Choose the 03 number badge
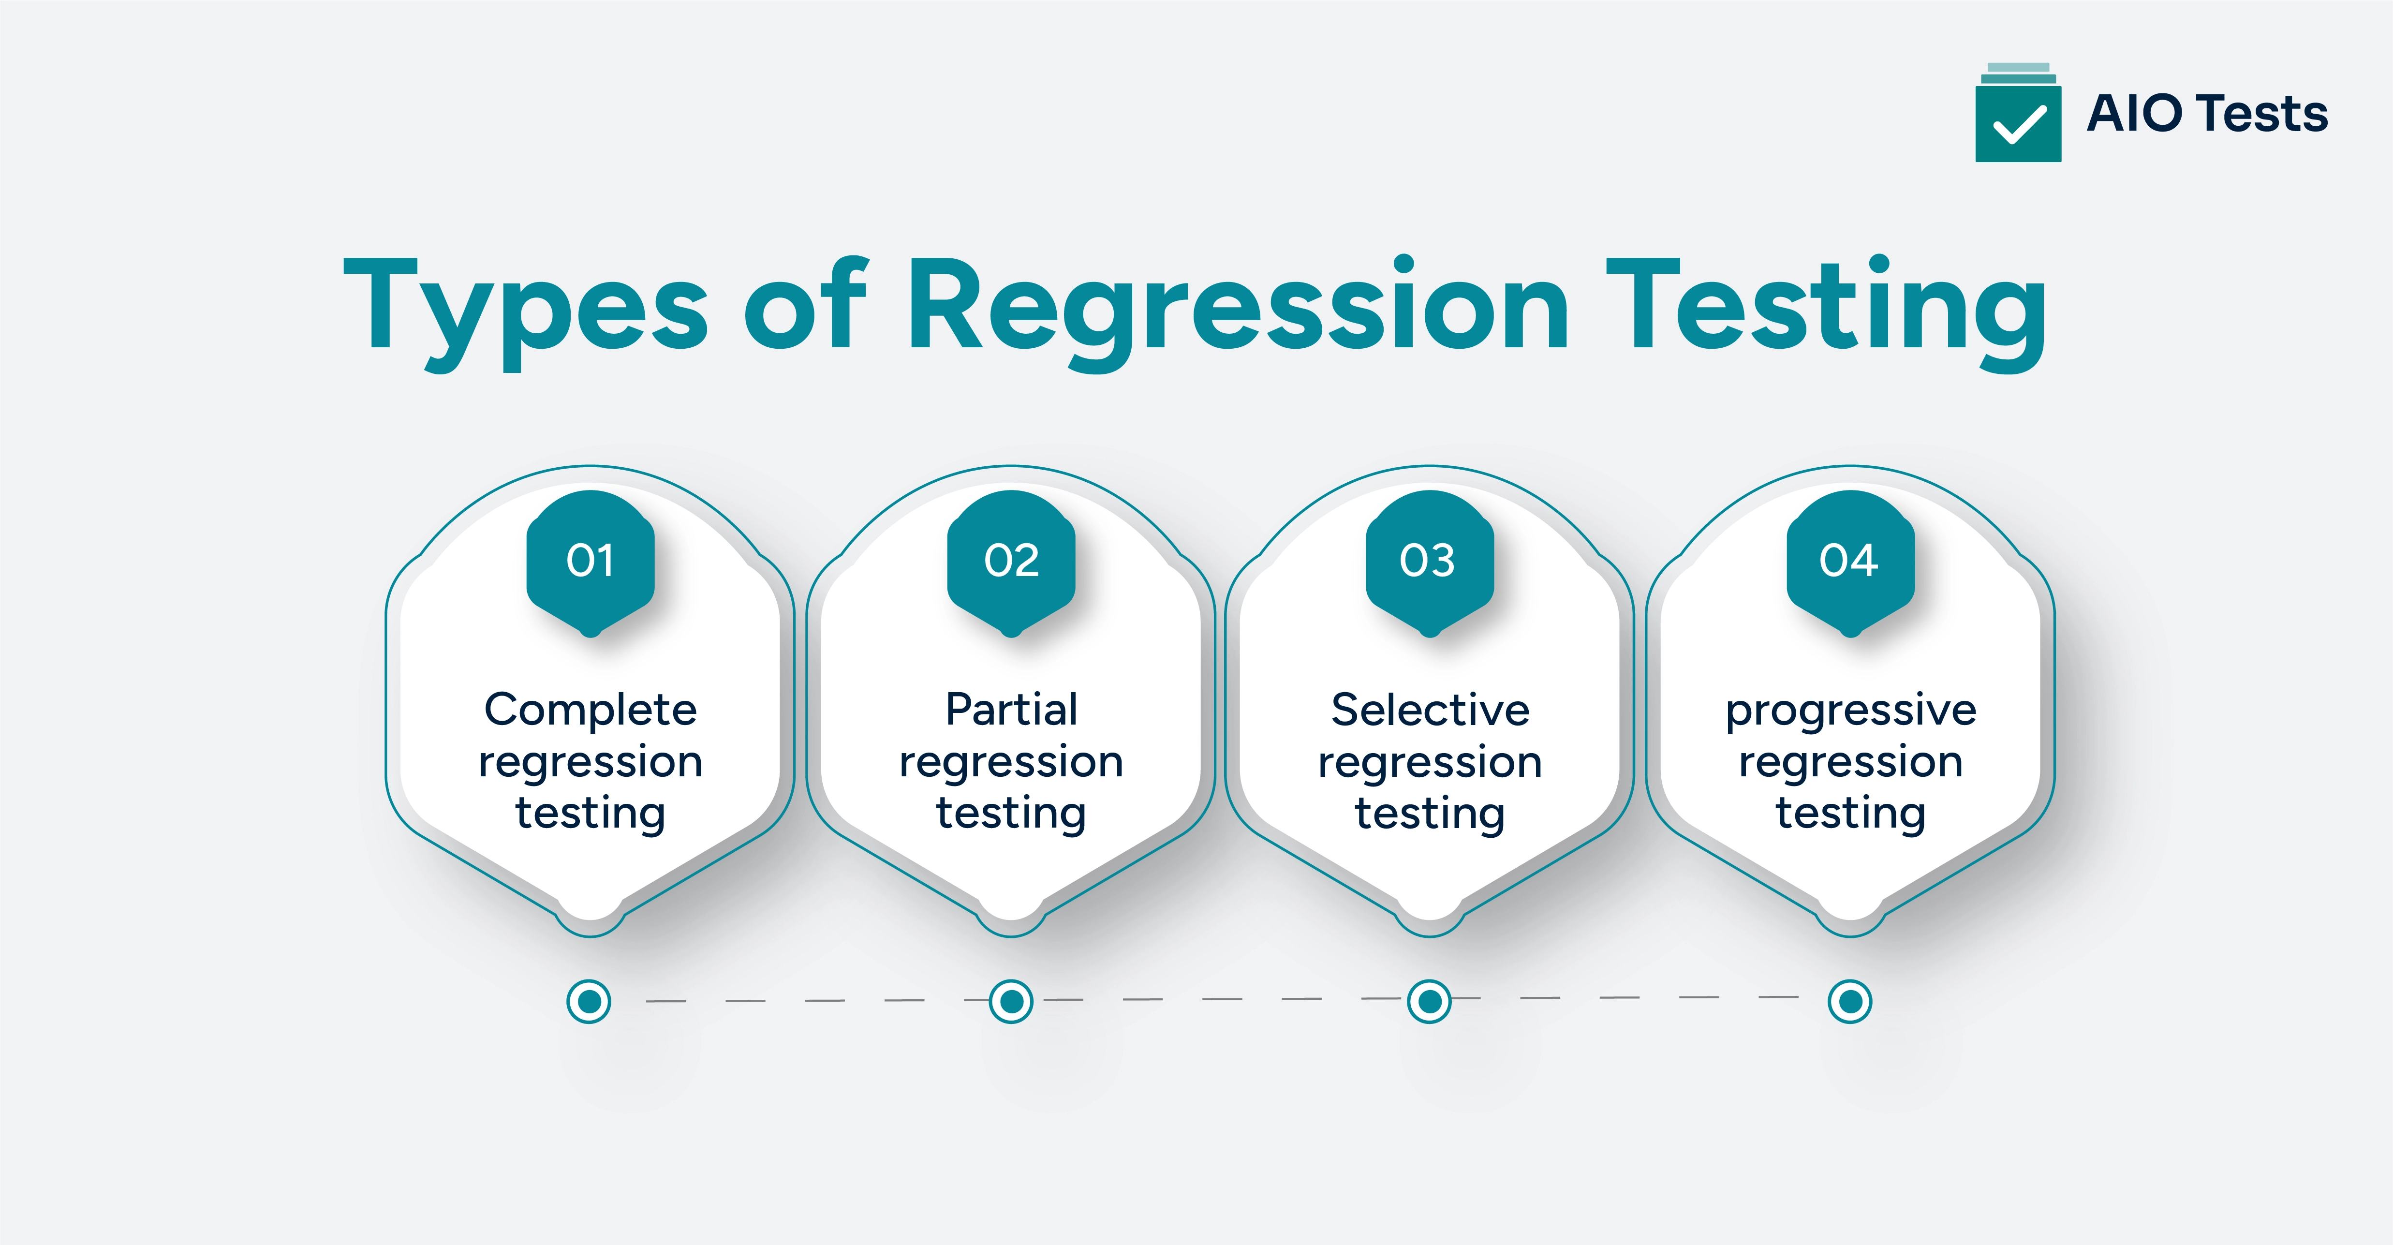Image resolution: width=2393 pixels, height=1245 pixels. (x=1430, y=560)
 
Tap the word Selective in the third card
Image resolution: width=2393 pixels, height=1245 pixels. (x=1430, y=710)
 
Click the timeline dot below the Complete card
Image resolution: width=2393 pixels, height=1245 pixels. (x=589, y=1002)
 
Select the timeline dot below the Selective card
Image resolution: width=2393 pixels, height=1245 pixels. (x=1430, y=1002)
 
